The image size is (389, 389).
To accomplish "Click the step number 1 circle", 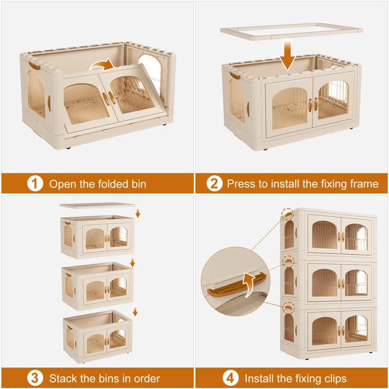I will click(x=34, y=184).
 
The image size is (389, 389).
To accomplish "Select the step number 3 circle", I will click(x=34, y=378).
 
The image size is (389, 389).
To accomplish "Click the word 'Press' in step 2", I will click(x=242, y=184).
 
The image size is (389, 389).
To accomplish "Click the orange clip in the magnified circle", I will click(x=233, y=291).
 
